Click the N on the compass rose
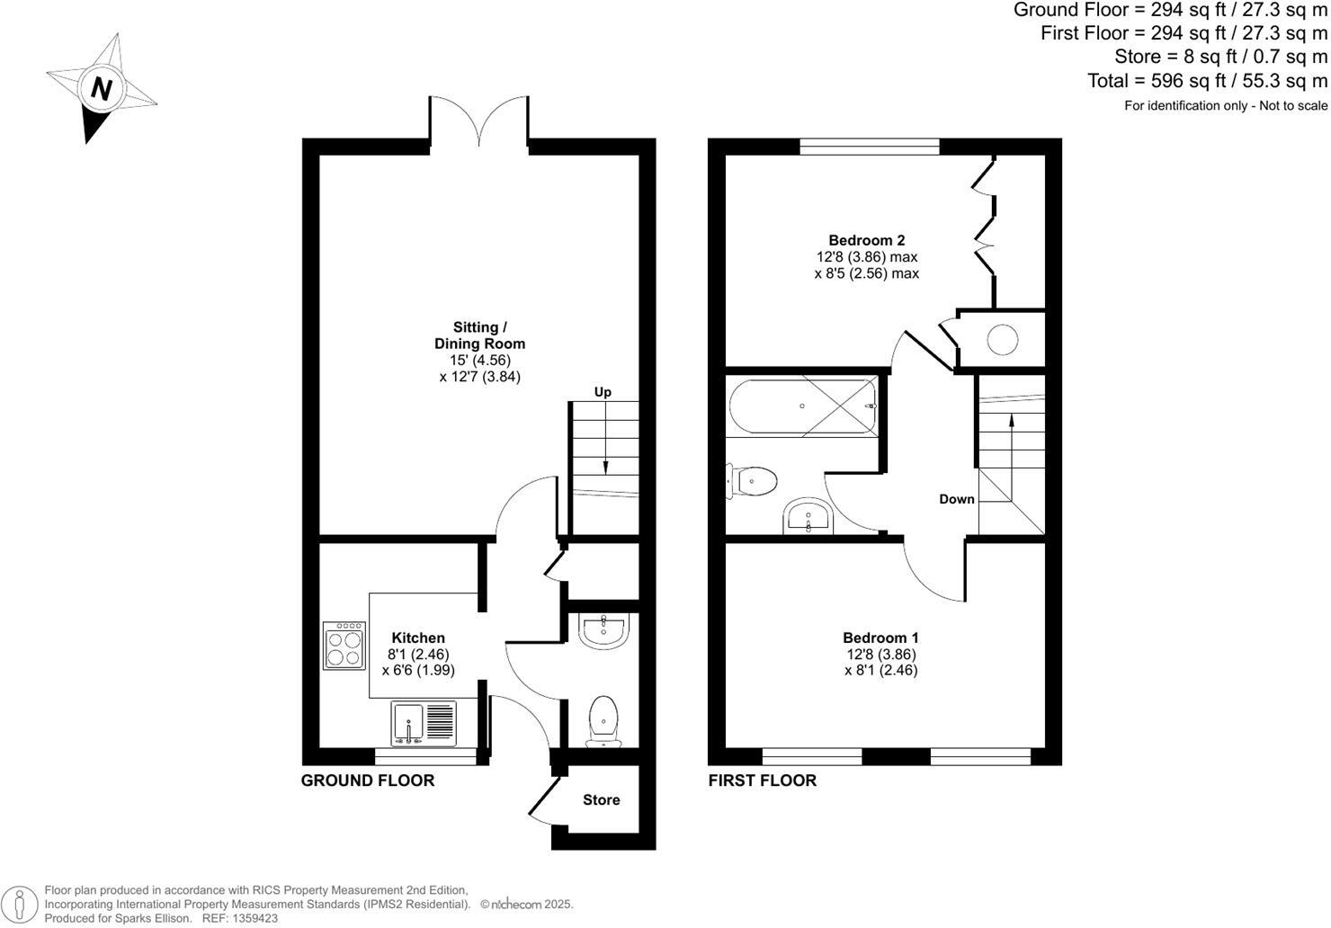coord(102,89)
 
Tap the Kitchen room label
coord(418,638)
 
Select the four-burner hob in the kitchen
coord(344,646)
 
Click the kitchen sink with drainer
coord(424,723)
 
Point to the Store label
coord(601,799)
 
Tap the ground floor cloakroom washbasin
coord(604,630)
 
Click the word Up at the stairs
coord(603,392)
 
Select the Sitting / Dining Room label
coord(479,335)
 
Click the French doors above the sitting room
coord(478,120)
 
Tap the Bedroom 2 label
coord(866,240)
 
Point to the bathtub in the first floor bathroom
coord(802,406)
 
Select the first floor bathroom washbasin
coord(809,517)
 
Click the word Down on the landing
coord(957,499)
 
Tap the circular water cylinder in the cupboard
coord(1003,340)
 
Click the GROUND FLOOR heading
coord(367,781)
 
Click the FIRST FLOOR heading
coord(762,781)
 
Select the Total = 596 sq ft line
coord(1207,81)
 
